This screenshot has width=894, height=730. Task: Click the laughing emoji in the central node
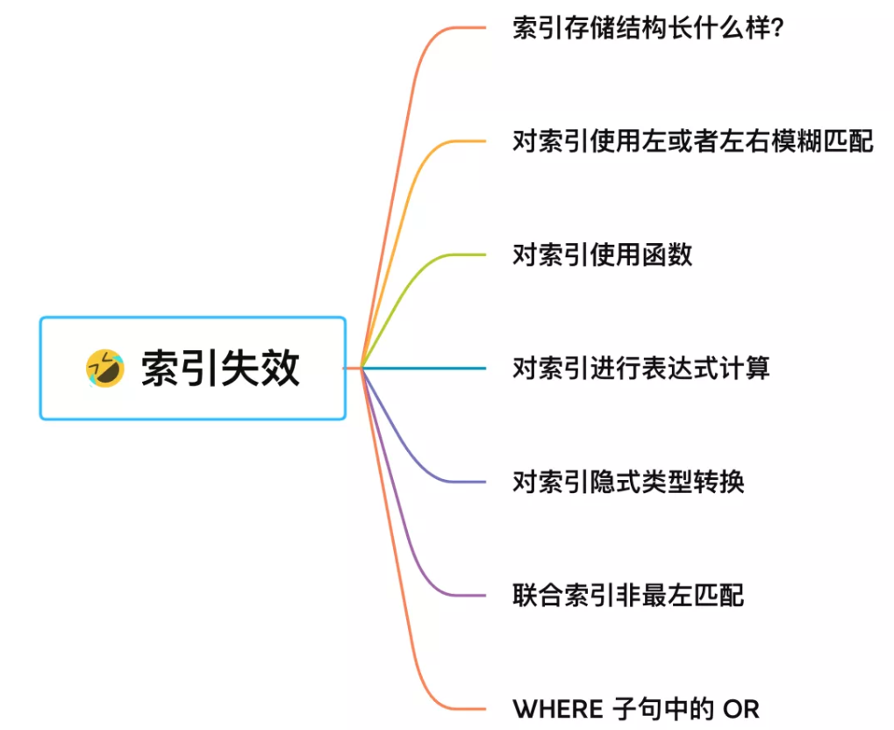(104, 368)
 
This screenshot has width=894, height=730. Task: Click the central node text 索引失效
(220, 369)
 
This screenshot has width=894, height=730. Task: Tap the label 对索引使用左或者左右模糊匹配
(693, 140)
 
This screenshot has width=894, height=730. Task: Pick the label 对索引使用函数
(602, 254)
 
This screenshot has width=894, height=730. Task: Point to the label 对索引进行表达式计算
(640, 368)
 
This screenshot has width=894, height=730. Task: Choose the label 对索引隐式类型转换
(628, 482)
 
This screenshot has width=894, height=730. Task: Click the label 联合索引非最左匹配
(628, 595)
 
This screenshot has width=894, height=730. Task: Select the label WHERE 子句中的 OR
(635, 708)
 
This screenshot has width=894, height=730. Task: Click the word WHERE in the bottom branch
(558, 709)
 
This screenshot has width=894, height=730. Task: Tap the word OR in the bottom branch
(740, 709)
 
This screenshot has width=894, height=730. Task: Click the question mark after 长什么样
(776, 28)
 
